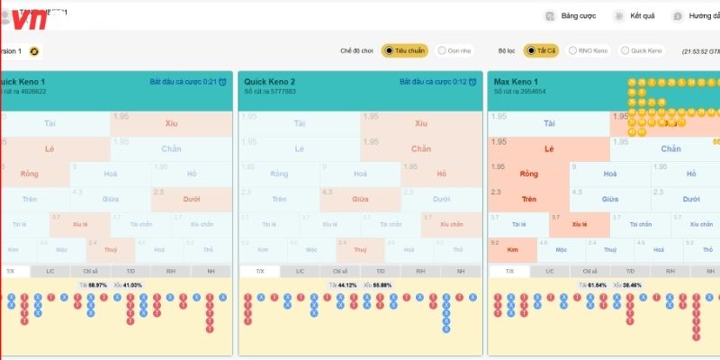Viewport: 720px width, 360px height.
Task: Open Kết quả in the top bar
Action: [634, 16]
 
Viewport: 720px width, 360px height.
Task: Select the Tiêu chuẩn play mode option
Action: [404, 51]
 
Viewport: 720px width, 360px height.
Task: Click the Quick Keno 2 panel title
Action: [270, 82]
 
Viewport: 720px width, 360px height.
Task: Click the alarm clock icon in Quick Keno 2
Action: [473, 82]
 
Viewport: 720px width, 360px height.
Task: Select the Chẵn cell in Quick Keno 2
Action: [420, 148]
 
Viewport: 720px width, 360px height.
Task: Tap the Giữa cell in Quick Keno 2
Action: [359, 199]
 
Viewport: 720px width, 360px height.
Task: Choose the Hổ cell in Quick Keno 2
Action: [441, 174]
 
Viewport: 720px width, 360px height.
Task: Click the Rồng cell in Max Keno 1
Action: [528, 174]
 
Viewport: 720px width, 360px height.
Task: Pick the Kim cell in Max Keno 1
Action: [514, 248]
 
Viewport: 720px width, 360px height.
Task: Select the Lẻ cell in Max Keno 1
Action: [549, 148]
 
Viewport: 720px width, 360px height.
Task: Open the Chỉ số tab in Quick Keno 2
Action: [339, 271]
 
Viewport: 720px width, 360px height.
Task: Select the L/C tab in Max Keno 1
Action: [549, 271]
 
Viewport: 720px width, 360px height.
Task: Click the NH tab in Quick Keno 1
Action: [211, 271]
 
